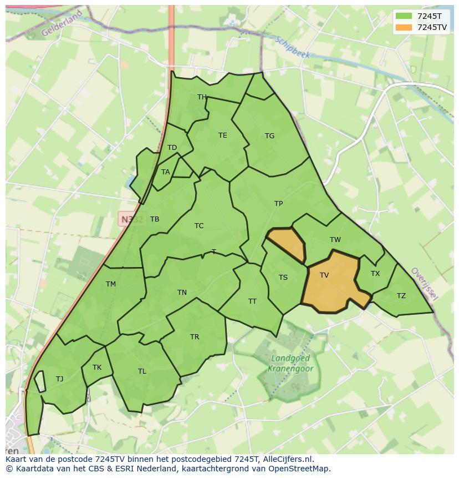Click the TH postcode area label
[x=202, y=97]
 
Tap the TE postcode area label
[x=222, y=135]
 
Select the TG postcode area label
[x=269, y=136]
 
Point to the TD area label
[x=172, y=148]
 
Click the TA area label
[x=165, y=172]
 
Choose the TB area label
[x=155, y=219]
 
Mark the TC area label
[x=199, y=226]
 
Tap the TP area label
[x=278, y=204]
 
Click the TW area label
[x=335, y=240]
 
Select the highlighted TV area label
[x=324, y=275]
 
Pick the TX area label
[x=375, y=274]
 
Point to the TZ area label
[x=401, y=296]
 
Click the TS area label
[x=283, y=278]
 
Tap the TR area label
[x=195, y=337]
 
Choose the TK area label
[x=97, y=368]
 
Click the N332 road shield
[x=131, y=219]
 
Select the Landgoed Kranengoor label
[x=290, y=364]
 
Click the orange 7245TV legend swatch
[x=403, y=27]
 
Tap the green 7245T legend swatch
[x=403, y=16]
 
